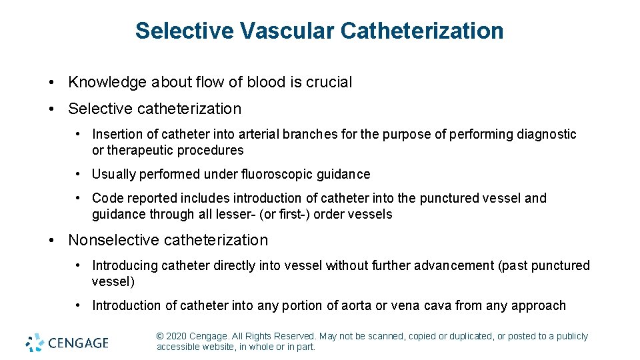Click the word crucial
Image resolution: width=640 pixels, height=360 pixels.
tap(329, 82)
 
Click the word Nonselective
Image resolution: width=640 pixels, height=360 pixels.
tap(114, 240)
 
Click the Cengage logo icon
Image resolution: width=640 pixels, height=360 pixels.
tap(35, 343)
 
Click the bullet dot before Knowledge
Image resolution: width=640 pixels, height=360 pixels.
tap(51, 83)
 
